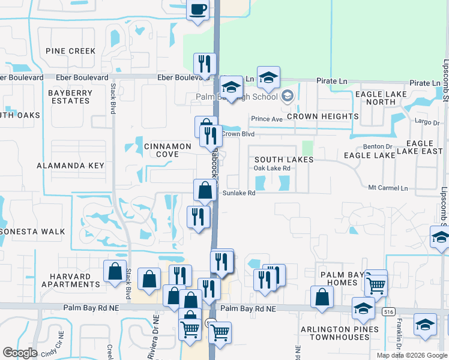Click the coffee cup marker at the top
coord(198,10)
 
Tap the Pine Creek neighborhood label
coord(74,51)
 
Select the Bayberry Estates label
coord(70,97)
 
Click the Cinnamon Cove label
coord(160,150)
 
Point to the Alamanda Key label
coord(70,165)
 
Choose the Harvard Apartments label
coord(65,280)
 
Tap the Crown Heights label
coord(322,116)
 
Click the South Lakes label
coord(283,160)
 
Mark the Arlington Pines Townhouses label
coord(340,333)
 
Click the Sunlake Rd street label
coord(239,193)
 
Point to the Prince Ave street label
coord(267,119)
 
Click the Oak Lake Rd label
coord(272,169)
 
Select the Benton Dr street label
coord(377,146)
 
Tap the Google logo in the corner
coord(20,353)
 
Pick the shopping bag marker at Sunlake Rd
coord(205,191)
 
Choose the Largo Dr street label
coord(427,122)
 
